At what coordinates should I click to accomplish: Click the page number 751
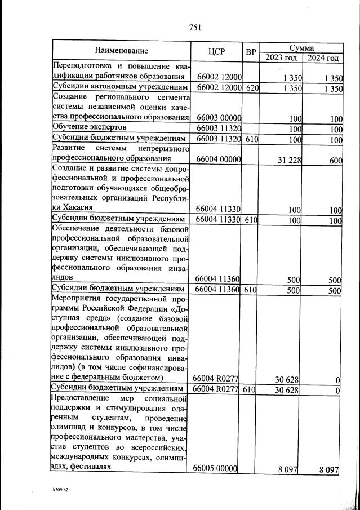(x=195, y=28)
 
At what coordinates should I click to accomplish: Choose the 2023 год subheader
(x=281, y=57)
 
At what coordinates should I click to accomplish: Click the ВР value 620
(x=251, y=88)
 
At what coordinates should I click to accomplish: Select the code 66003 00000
(x=216, y=118)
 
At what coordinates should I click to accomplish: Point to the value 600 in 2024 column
(x=335, y=160)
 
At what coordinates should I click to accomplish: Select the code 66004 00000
(x=216, y=160)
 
